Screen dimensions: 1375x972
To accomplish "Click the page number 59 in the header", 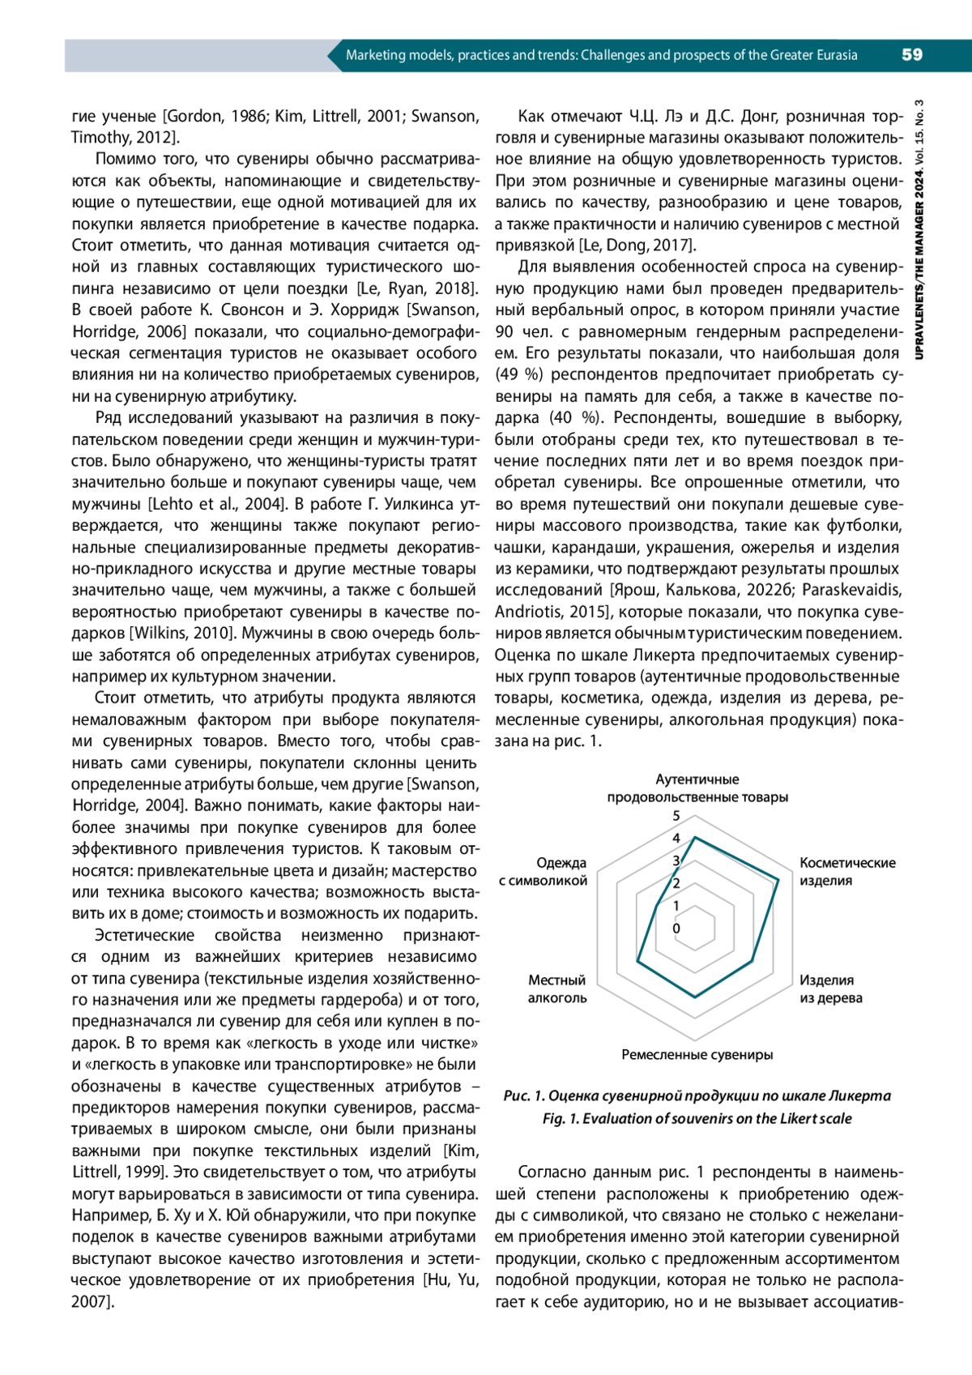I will click(x=911, y=55).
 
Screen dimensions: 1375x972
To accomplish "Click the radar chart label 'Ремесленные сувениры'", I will click(x=697, y=1054).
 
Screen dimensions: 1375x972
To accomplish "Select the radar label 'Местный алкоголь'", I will click(x=556, y=989).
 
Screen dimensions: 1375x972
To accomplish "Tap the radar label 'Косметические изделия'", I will click(x=847, y=871).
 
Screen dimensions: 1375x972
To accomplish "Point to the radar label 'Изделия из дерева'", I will click(x=830, y=989).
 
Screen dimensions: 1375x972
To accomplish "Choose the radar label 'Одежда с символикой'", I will click(x=543, y=871).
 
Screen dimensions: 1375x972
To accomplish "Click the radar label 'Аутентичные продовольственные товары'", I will click(x=697, y=788).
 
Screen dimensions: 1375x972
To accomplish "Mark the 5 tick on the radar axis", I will click(x=676, y=816).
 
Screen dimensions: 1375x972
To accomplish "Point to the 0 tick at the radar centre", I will click(x=676, y=929).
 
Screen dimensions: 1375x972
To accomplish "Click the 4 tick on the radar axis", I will click(x=676, y=839).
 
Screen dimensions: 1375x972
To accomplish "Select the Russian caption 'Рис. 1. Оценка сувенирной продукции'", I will click(x=697, y=1095).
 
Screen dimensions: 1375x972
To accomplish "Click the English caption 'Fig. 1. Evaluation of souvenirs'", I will click(x=697, y=1118).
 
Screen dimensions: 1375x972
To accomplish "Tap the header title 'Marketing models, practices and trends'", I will click(x=601, y=55).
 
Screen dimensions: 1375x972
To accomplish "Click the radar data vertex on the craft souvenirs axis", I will click(x=695, y=997).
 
